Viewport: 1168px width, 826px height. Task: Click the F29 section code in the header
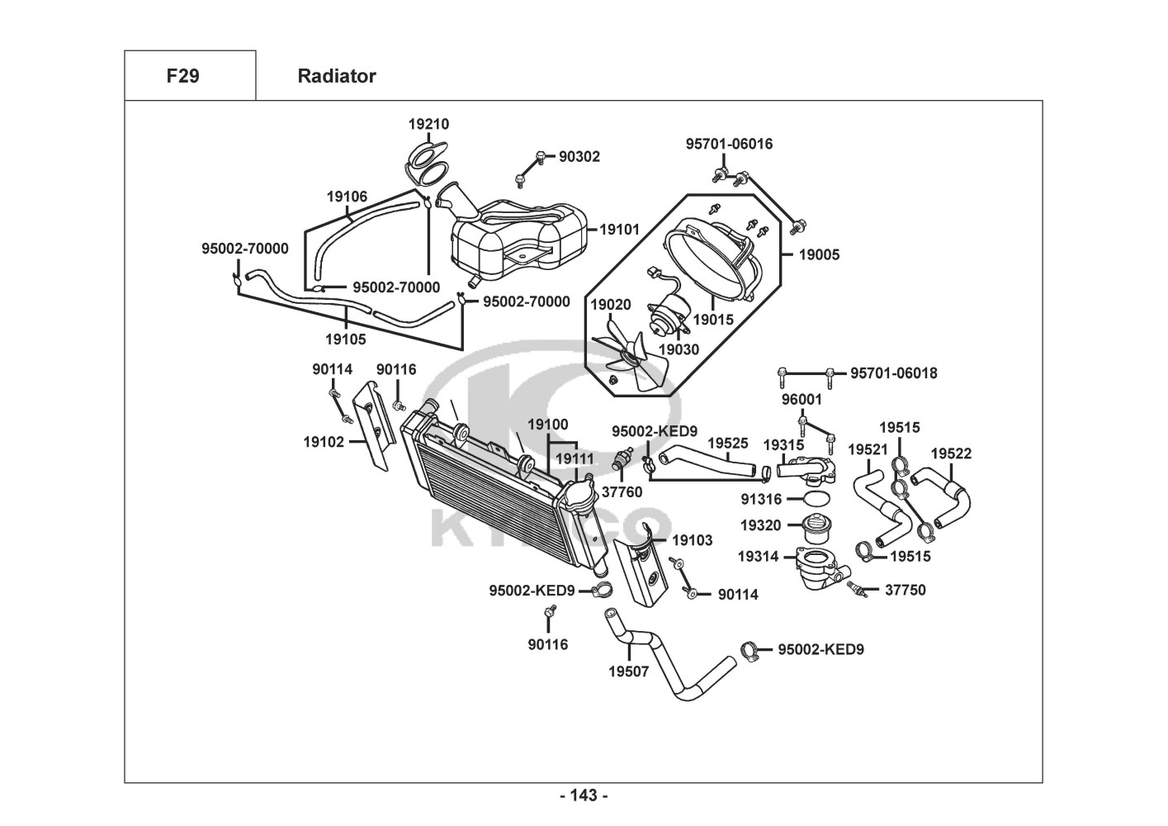182,76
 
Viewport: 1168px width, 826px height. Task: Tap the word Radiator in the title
336,76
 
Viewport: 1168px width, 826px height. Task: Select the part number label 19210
428,124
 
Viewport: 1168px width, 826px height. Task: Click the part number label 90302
579,156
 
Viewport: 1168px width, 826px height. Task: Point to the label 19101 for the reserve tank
619,229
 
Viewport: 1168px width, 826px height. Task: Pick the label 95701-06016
729,144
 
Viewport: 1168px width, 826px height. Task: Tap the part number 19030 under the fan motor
679,349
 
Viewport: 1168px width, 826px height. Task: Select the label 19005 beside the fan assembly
819,254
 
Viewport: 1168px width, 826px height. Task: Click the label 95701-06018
894,373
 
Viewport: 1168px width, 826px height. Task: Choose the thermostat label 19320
760,525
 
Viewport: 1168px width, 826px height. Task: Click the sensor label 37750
906,590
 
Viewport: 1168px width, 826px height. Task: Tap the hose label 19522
951,453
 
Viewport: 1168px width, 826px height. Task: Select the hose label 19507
629,672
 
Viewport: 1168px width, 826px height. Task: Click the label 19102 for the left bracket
324,442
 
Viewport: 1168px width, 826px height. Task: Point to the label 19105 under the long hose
345,339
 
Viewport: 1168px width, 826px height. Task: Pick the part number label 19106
347,197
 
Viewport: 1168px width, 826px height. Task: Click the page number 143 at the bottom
584,795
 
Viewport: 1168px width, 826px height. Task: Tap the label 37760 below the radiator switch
622,492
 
